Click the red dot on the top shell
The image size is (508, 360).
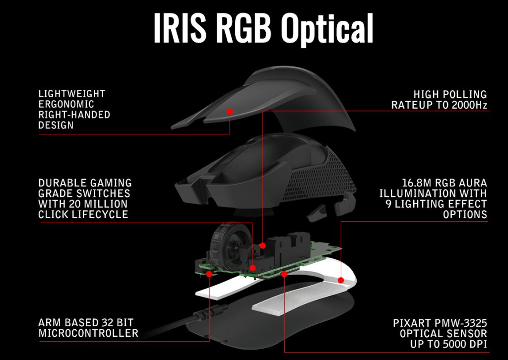(x=230, y=112)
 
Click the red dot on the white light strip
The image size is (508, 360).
(x=341, y=280)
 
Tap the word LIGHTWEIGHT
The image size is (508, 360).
(x=72, y=94)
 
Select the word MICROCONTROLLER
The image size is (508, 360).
(x=88, y=333)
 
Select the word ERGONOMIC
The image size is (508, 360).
(x=66, y=104)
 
